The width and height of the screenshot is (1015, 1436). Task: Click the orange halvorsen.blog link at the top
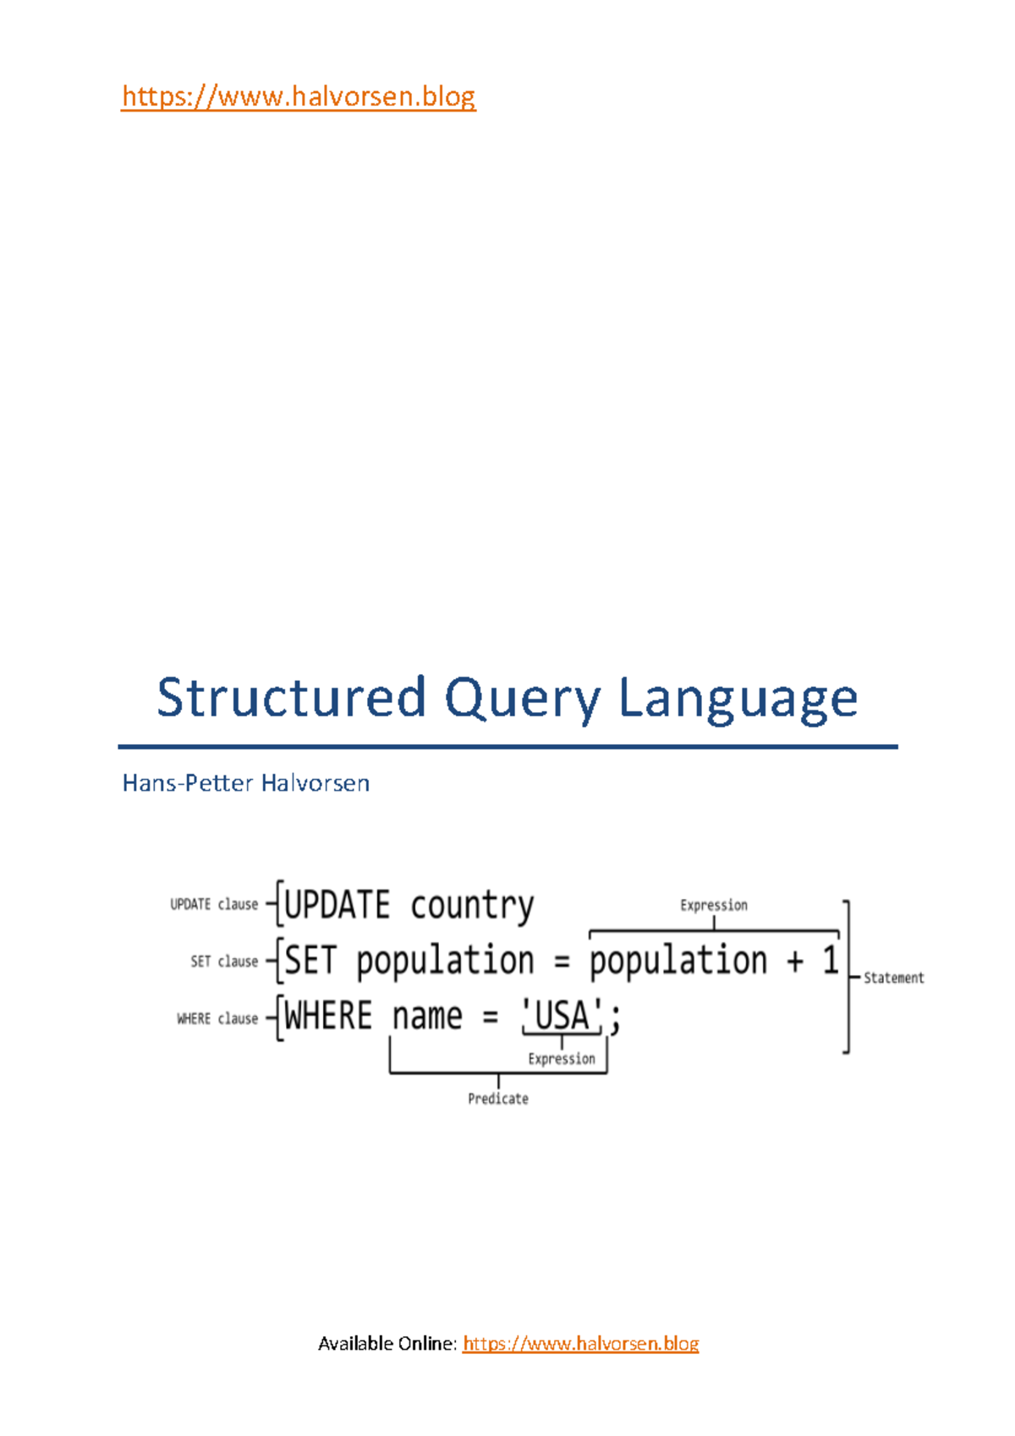(299, 96)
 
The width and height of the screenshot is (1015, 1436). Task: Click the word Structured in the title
(291, 698)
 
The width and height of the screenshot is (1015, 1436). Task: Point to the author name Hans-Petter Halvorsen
(245, 783)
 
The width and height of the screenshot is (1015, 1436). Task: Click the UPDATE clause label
(214, 904)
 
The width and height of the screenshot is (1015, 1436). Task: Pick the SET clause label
(224, 962)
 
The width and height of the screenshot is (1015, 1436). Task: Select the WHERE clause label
(217, 1018)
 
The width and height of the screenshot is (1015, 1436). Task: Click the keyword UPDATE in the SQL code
(337, 906)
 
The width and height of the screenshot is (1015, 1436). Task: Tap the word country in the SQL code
(472, 906)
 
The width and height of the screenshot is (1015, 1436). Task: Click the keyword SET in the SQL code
(311, 961)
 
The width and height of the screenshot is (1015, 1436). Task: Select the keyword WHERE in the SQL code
(328, 1016)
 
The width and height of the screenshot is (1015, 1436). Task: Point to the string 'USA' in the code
(562, 1016)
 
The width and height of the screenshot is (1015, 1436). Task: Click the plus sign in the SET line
(794, 962)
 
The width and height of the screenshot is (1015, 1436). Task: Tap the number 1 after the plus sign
(831, 961)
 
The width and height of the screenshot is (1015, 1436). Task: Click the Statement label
(893, 978)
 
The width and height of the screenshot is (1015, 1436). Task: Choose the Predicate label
(498, 1099)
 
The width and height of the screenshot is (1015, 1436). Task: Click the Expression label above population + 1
(714, 905)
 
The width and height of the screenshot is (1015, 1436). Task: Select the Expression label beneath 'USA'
(562, 1059)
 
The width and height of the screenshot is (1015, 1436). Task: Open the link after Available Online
(580, 1344)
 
